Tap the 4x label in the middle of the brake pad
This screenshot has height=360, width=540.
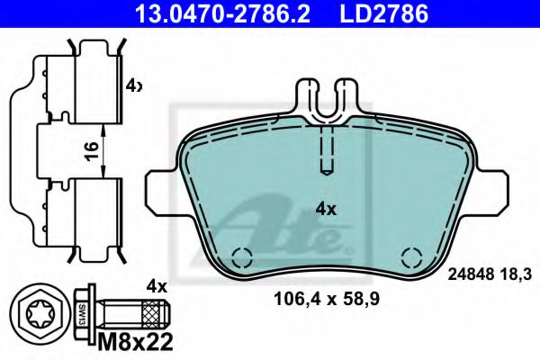[326, 209]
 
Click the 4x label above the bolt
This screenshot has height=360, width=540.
[157, 286]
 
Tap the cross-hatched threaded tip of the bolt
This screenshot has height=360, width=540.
[157, 315]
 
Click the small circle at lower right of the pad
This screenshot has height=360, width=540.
[412, 255]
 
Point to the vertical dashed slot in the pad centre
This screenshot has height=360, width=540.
[327, 148]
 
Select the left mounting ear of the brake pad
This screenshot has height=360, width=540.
[160, 184]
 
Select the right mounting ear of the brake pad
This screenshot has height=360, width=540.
[492, 184]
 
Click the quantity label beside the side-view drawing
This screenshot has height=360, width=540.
[134, 86]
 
